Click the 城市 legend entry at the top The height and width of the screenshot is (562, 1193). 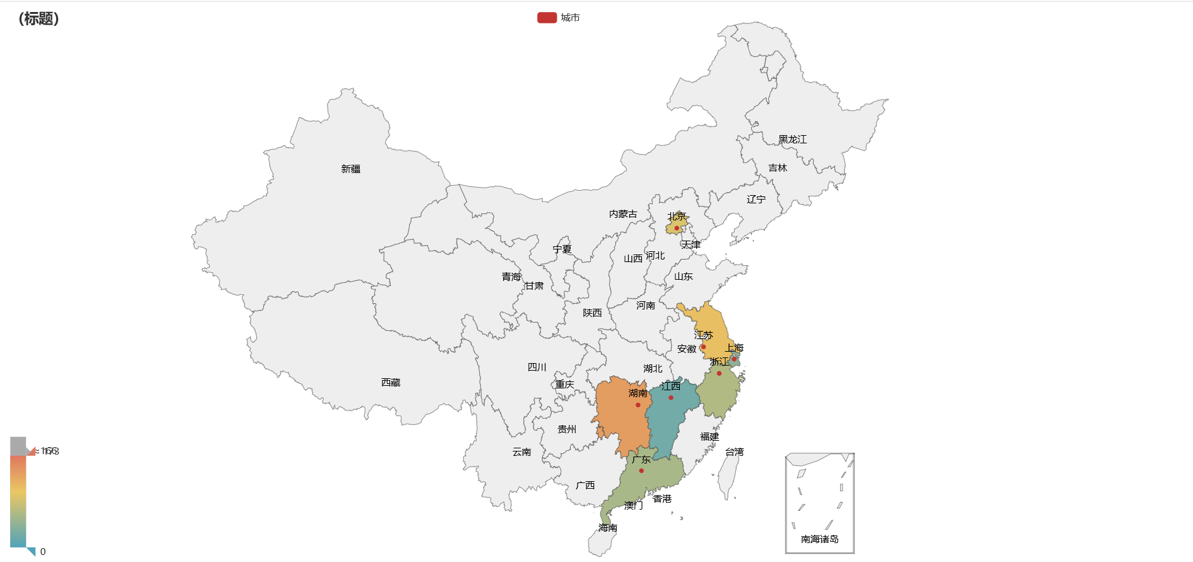click(x=559, y=18)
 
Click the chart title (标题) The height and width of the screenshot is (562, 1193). click(x=39, y=18)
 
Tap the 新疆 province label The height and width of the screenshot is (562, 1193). click(x=350, y=169)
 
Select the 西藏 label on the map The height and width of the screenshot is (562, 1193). click(x=391, y=383)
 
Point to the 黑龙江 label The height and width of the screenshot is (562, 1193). click(x=792, y=140)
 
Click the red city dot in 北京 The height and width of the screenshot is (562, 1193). click(x=677, y=228)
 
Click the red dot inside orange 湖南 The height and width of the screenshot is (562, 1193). click(x=638, y=405)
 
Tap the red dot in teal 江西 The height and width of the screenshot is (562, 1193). click(x=671, y=398)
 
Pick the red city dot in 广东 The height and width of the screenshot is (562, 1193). click(x=641, y=470)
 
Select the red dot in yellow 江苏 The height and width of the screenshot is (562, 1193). click(x=703, y=347)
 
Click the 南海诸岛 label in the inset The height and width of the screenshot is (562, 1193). click(x=819, y=539)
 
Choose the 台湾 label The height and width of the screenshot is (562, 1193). click(x=734, y=452)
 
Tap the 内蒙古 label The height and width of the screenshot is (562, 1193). click(x=623, y=214)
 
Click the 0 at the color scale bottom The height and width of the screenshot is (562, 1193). click(x=43, y=552)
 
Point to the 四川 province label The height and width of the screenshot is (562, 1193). click(x=537, y=368)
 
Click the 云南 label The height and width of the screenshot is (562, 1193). click(x=521, y=452)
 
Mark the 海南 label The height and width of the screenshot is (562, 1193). click(x=608, y=528)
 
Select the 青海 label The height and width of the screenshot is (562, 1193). click(x=511, y=277)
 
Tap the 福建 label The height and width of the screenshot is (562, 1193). click(x=709, y=437)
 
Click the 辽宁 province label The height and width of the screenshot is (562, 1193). click(x=756, y=200)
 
